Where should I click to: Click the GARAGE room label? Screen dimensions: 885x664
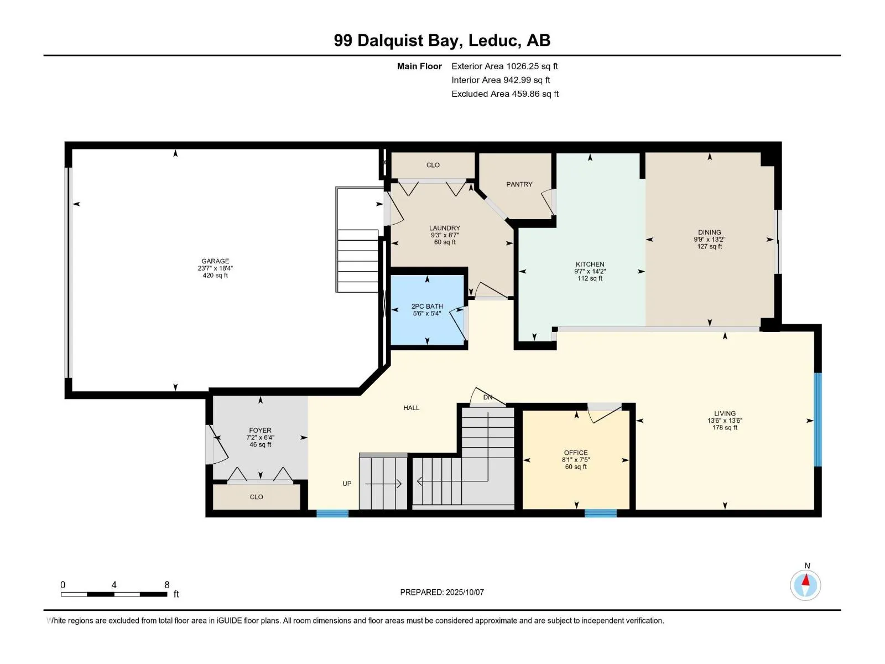[215, 261]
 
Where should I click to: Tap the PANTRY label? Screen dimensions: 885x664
[519, 184]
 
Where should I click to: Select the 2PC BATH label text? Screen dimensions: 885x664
[427, 307]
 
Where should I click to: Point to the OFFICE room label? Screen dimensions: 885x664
[576, 453]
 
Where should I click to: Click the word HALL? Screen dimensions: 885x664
[412, 408]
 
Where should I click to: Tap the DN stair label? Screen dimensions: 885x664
[488, 397]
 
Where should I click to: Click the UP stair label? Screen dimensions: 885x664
[347, 484]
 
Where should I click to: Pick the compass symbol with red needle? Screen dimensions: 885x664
[805, 585]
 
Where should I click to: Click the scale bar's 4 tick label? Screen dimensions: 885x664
[114, 584]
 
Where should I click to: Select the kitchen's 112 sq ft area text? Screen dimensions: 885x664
[590, 278]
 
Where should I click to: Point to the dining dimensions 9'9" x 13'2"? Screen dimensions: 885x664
[709, 239]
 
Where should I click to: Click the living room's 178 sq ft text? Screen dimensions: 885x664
[725, 427]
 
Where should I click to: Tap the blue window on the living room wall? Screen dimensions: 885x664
[818, 419]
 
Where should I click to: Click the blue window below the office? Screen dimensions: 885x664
[600, 513]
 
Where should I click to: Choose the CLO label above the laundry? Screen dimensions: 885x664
[433, 165]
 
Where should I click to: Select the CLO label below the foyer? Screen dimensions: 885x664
[257, 497]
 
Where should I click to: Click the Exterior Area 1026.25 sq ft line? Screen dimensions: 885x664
[504, 66]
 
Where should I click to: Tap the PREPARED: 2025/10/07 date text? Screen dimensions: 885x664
[442, 592]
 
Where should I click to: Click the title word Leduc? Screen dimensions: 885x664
[493, 40]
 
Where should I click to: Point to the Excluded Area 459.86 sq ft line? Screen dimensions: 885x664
[505, 94]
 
